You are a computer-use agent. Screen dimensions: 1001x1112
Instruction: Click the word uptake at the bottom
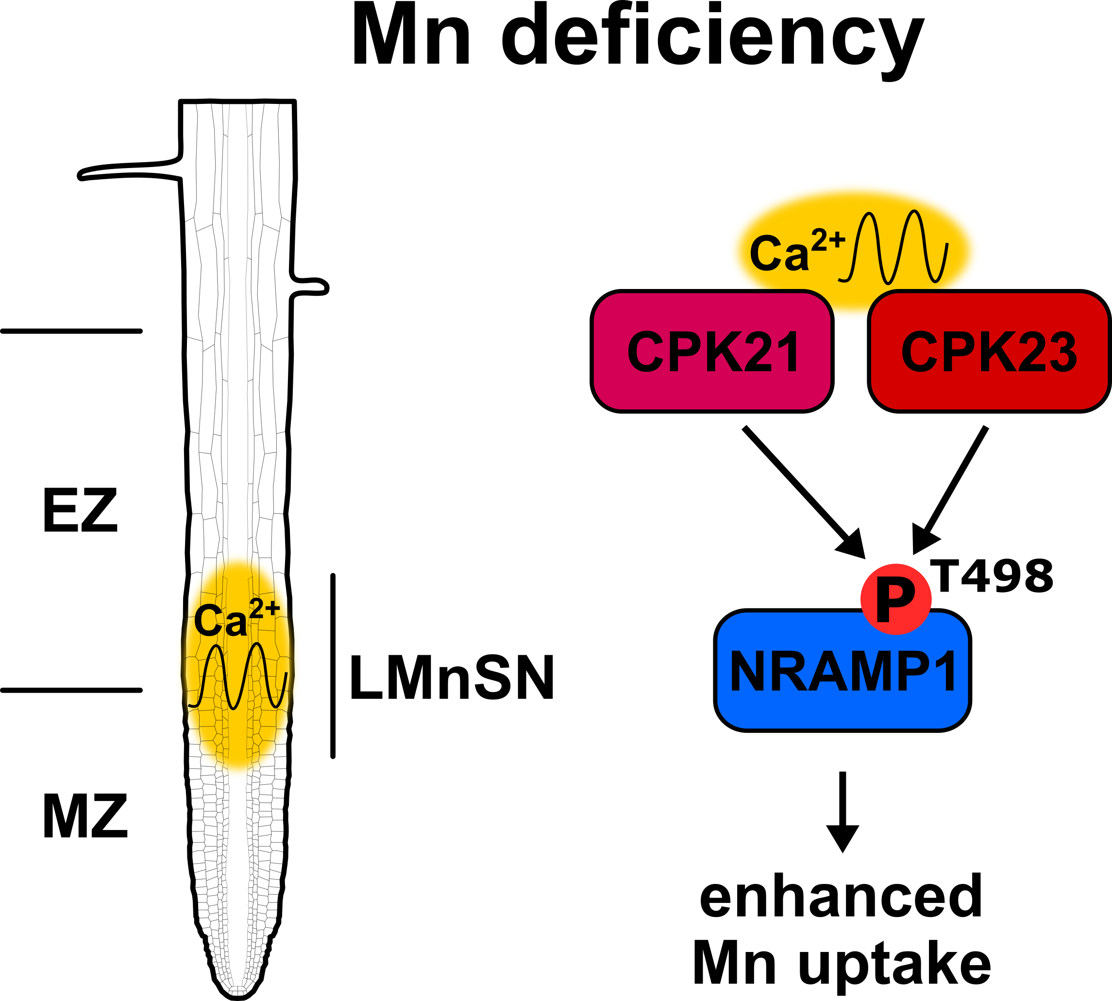[895, 967]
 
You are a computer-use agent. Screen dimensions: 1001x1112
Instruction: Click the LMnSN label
[452, 678]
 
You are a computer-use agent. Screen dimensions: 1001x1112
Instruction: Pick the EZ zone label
[80, 511]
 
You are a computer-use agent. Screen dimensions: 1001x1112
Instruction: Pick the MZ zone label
[85, 817]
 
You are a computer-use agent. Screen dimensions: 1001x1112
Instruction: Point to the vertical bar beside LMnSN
[333, 666]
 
